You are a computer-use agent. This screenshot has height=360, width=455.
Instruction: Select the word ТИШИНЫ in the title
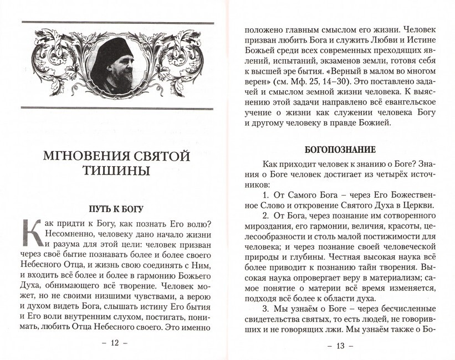click(117, 171)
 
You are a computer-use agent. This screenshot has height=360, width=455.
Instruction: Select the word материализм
click(392, 281)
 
